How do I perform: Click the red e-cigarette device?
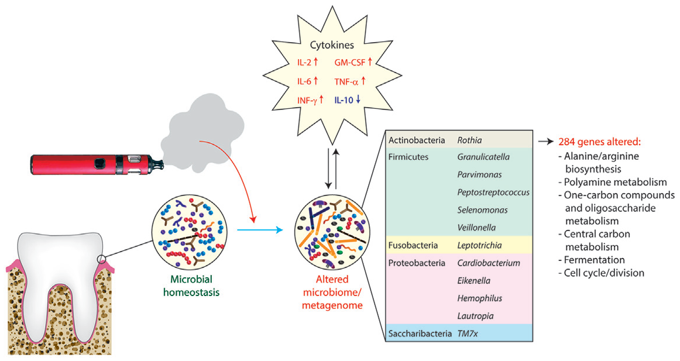coord(88,164)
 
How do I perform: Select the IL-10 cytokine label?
coord(348,100)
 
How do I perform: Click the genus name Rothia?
coord(470,141)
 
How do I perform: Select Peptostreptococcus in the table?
coord(493,192)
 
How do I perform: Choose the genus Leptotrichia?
coord(481,245)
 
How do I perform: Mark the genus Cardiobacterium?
coord(489,263)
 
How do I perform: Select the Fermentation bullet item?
coord(594,260)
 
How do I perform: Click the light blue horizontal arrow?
coord(260,230)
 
